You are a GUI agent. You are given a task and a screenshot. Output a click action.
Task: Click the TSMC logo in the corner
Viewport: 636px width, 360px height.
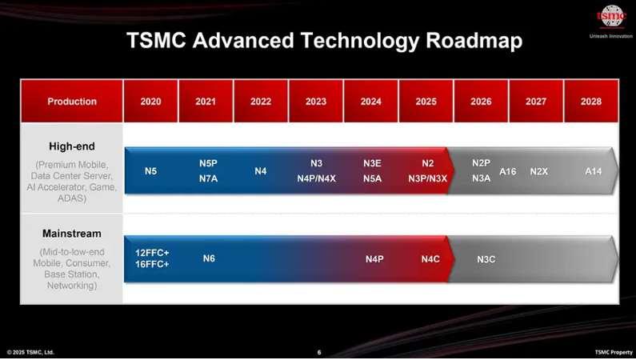pyautogui.click(x=611, y=16)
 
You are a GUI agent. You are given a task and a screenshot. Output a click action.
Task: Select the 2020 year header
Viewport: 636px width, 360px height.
pyautogui.click(x=150, y=102)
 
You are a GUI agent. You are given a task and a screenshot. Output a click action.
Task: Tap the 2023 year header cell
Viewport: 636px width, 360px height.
pyautogui.click(x=315, y=102)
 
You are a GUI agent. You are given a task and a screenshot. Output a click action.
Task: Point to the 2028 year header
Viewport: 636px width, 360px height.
pyautogui.click(x=591, y=102)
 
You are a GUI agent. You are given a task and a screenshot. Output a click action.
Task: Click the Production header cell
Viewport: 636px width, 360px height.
pyautogui.click(x=72, y=102)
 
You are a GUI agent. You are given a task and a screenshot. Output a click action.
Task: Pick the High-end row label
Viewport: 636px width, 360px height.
pyautogui.click(x=72, y=146)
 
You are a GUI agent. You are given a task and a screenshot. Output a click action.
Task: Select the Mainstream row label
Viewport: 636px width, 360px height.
pyautogui.click(x=72, y=234)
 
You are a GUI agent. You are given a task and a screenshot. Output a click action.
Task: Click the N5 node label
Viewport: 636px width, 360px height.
pyautogui.click(x=150, y=171)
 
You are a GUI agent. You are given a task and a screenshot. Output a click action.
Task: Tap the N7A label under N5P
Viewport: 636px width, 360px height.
pyautogui.click(x=209, y=178)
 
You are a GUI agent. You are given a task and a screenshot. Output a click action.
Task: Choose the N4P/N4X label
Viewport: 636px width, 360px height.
pyautogui.click(x=316, y=178)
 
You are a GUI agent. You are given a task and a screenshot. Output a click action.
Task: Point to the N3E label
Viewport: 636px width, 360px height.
pyautogui.click(x=372, y=163)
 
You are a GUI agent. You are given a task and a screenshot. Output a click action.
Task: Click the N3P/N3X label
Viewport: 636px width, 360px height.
pyautogui.click(x=427, y=178)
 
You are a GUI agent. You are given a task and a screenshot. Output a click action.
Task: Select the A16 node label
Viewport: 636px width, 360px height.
pyautogui.click(x=507, y=171)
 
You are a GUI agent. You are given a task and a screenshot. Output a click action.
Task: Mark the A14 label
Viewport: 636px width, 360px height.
pyautogui.click(x=593, y=171)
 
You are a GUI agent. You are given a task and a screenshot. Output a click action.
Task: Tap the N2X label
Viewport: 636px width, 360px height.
pyautogui.click(x=538, y=171)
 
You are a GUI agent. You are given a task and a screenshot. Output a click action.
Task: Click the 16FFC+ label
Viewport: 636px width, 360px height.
pyautogui.click(x=152, y=264)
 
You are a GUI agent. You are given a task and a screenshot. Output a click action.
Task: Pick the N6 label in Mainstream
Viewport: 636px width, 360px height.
pyautogui.click(x=209, y=258)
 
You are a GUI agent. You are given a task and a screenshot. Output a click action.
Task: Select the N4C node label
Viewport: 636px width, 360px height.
pyautogui.click(x=430, y=259)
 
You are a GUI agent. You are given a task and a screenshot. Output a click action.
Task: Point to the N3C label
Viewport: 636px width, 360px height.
pyautogui.click(x=486, y=259)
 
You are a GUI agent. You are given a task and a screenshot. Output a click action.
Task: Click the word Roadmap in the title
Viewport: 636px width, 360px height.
pyautogui.click(x=474, y=41)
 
